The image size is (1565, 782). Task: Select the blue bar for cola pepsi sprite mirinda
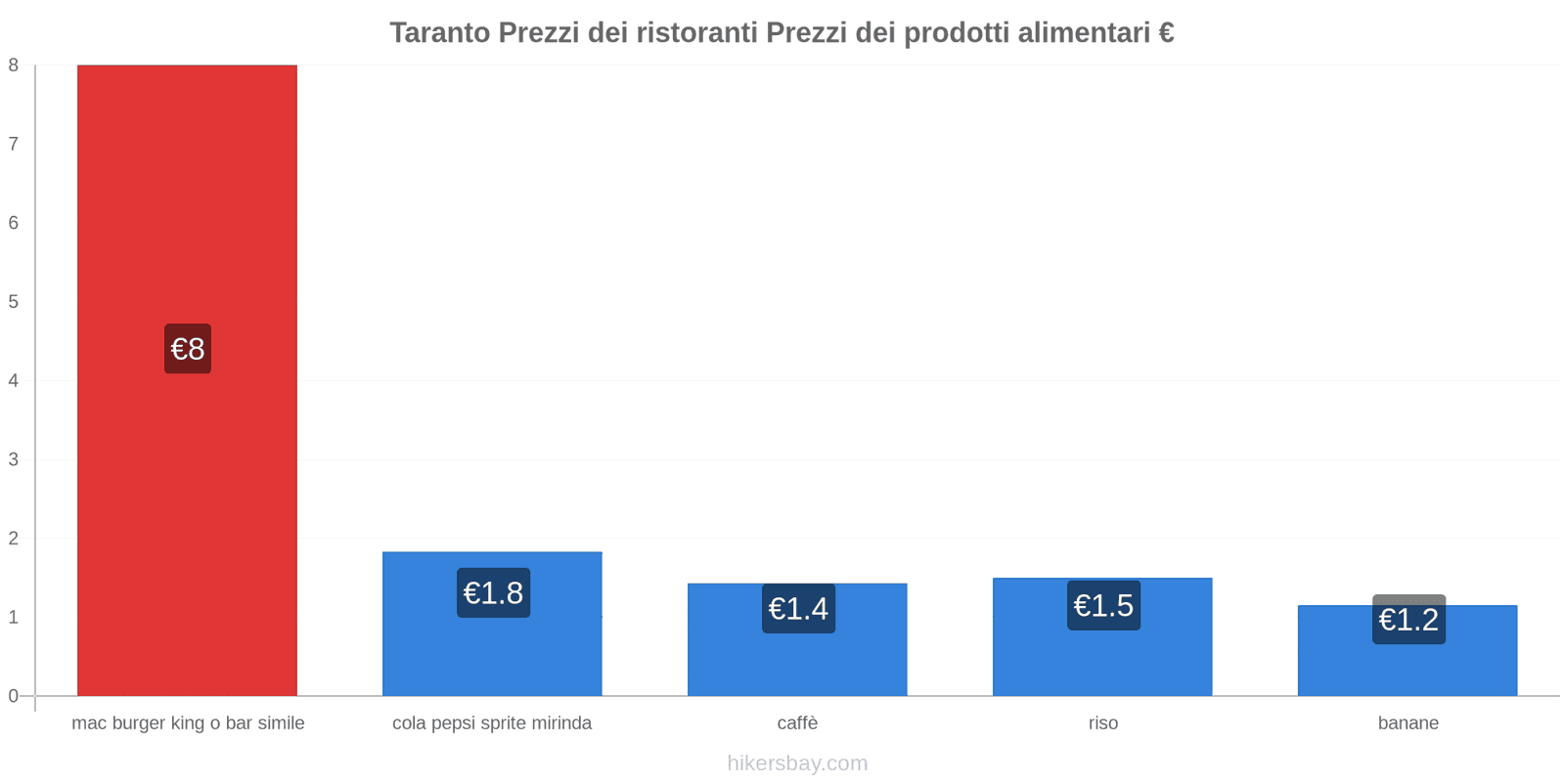tap(492, 655)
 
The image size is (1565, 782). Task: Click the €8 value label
tap(188, 349)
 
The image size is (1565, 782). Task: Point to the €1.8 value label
tap(493, 593)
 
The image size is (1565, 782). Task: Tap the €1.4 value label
tap(798, 609)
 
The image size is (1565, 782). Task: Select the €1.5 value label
tap(1103, 606)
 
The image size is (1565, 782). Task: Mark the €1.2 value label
tap(1408, 620)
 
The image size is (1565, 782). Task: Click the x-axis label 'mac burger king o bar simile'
tap(188, 723)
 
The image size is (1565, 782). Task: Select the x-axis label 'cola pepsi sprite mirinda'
tap(492, 723)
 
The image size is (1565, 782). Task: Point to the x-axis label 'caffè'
tap(797, 723)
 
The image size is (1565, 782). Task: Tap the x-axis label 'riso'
tap(1103, 723)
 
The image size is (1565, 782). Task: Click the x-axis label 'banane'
tap(1408, 723)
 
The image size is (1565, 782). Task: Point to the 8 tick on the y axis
tap(14, 65)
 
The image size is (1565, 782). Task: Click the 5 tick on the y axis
tap(14, 302)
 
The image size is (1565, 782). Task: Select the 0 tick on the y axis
tap(14, 696)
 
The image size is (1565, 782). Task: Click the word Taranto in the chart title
tap(440, 33)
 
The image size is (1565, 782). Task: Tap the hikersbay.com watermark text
tap(797, 763)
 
